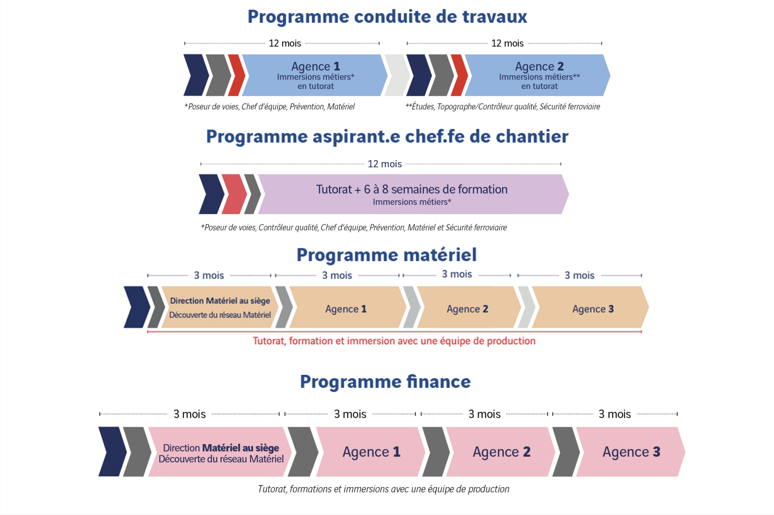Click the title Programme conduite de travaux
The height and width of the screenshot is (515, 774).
point(387,17)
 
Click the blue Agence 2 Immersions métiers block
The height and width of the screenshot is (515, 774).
point(537,75)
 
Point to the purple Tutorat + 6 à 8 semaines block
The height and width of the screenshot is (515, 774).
point(414,194)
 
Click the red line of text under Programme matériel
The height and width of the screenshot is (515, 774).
point(394,341)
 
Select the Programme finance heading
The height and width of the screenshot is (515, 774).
point(385,382)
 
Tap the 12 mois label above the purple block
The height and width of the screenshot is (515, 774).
point(385,164)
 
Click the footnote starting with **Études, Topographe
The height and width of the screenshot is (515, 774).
point(503,106)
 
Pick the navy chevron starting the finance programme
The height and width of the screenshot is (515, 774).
point(112,452)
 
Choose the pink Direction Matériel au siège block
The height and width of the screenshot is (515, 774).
point(220,452)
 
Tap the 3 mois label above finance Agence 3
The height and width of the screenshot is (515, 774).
point(615,414)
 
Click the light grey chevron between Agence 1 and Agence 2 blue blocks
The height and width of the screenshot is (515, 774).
point(397,75)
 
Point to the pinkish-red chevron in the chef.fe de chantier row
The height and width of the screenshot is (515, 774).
point(234,194)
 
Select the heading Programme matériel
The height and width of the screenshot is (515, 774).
point(387,255)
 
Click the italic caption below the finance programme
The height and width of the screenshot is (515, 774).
point(384,489)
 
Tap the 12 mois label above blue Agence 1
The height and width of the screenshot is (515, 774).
point(285,43)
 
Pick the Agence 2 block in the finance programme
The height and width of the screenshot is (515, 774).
point(501,452)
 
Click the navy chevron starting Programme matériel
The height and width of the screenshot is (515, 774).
point(137,307)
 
